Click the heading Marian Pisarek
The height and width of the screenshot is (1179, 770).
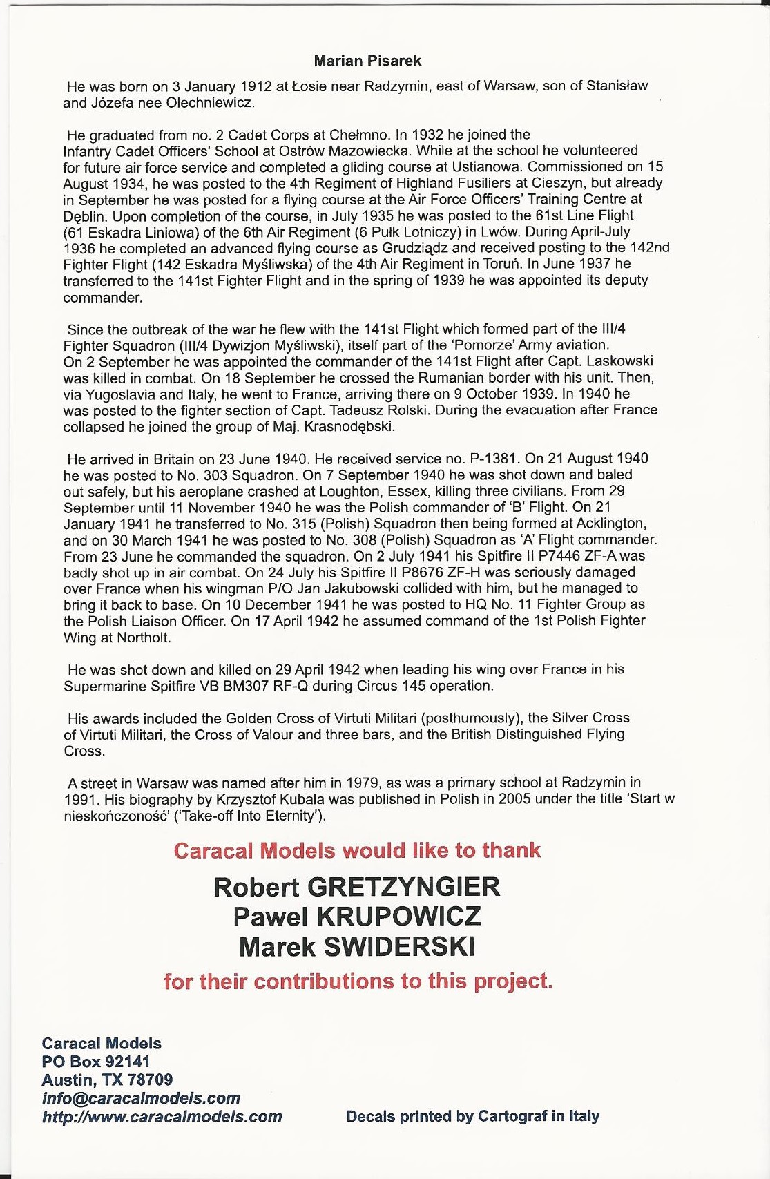367,61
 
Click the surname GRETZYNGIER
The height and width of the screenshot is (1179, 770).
403,887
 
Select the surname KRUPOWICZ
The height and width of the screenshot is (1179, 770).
398,917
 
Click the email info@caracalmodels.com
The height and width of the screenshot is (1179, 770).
141,1098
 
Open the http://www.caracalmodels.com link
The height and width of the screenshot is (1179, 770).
162,1116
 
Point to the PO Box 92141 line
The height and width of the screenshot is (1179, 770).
96,1062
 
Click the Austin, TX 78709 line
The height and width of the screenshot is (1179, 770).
107,1080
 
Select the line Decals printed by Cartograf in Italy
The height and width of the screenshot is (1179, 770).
472,1116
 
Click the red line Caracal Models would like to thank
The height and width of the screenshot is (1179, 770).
357,850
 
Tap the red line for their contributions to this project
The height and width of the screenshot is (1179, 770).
358,981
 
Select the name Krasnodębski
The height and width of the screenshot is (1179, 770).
348,426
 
